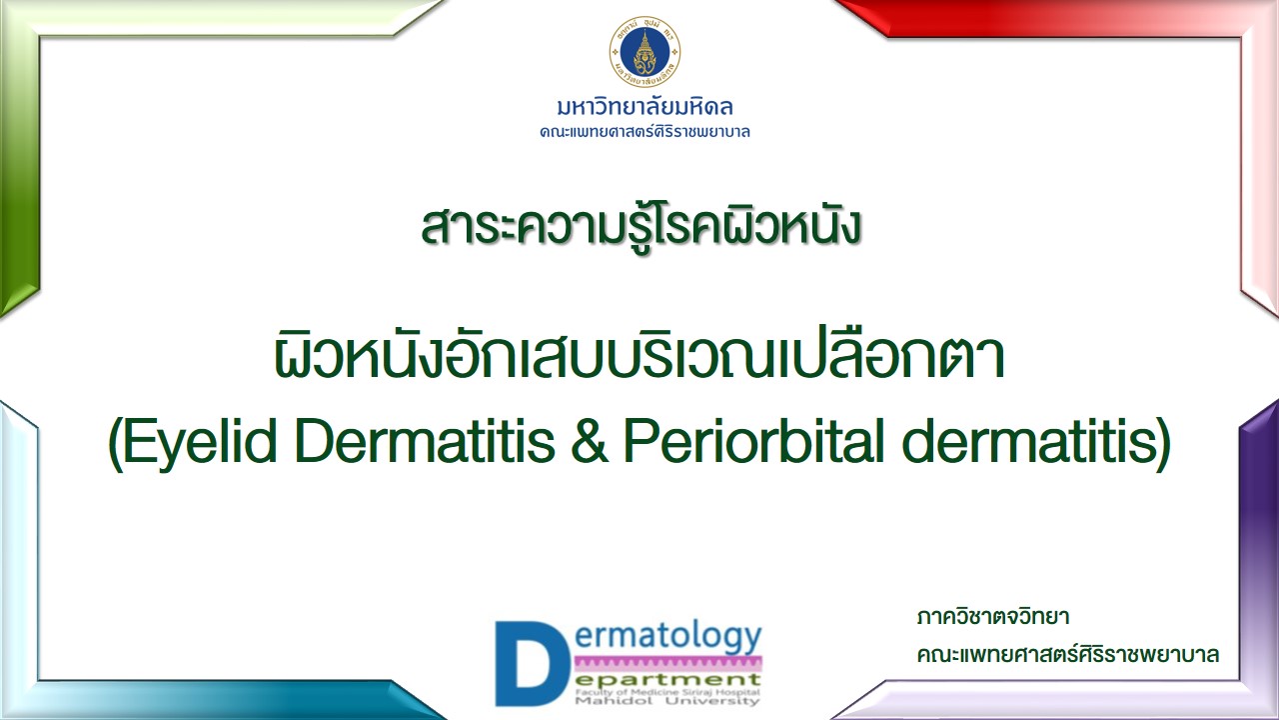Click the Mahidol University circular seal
pyautogui.click(x=644, y=52)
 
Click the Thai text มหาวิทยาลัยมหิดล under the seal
pyautogui.click(x=644, y=107)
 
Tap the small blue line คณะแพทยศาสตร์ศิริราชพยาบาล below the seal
pyautogui.click(x=644, y=132)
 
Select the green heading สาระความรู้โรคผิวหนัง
pyautogui.click(x=640, y=226)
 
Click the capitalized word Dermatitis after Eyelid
pyautogui.click(x=426, y=440)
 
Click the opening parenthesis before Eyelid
pyautogui.click(x=115, y=445)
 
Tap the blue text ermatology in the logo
pyautogui.click(x=667, y=638)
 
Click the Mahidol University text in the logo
pyautogui.click(x=666, y=701)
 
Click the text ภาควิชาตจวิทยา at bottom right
pyautogui.click(x=993, y=617)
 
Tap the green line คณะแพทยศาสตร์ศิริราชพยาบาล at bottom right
pyautogui.click(x=1068, y=655)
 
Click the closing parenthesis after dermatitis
pyautogui.click(x=1163, y=445)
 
